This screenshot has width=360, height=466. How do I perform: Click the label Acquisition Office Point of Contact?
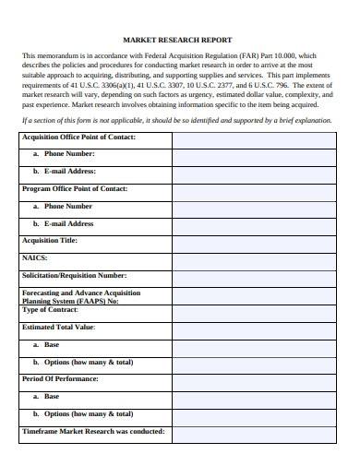click(x=78, y=137)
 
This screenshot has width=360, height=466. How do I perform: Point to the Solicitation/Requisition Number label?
click(x=74, y=275)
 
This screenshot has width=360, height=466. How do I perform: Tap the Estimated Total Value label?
click(x=58, y=327)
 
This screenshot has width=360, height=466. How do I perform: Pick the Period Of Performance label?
click(x=60, y=379)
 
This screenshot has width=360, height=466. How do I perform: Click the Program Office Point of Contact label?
click(x=74, y=188)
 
